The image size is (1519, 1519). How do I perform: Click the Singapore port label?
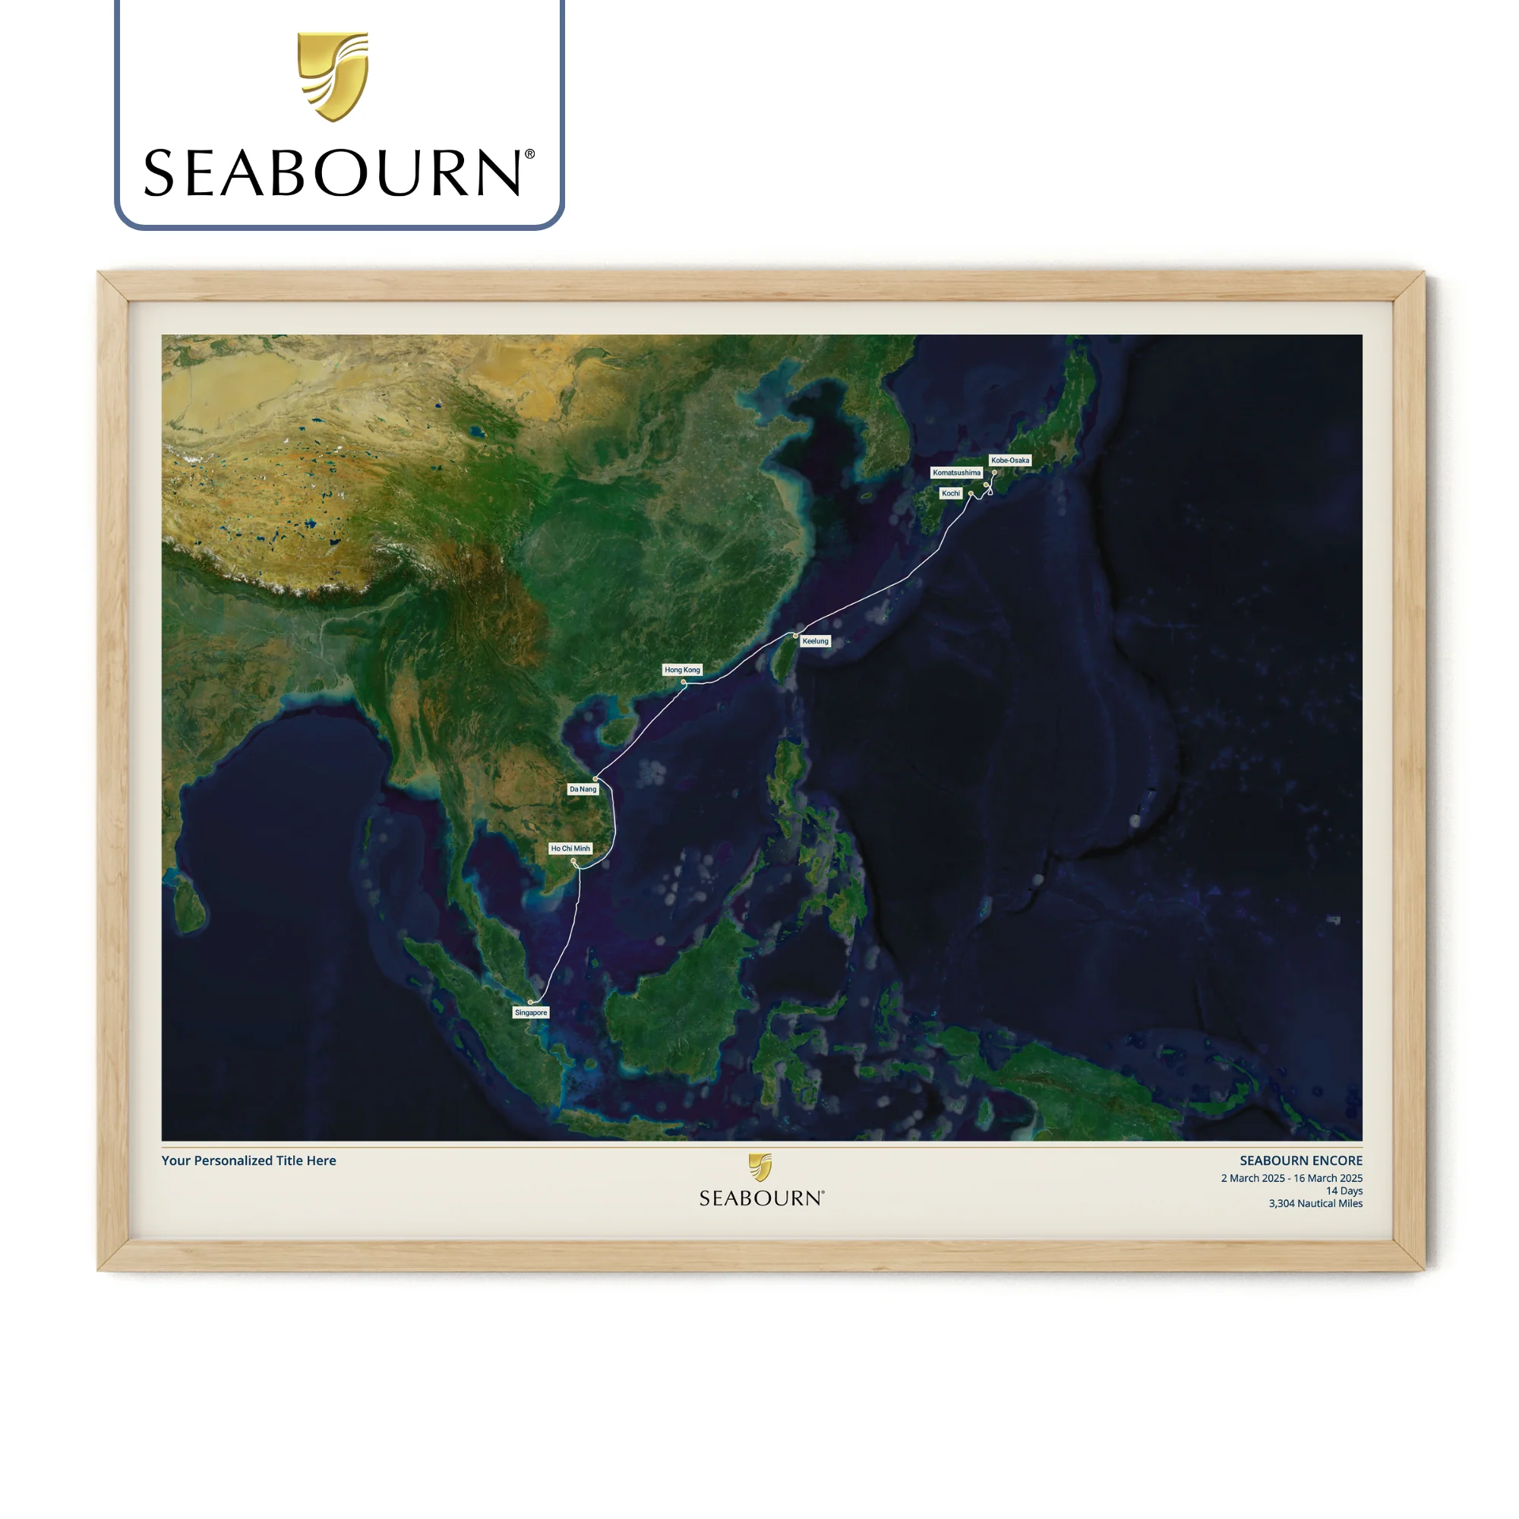point(531,1012)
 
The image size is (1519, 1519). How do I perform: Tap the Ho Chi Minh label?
point(570,848)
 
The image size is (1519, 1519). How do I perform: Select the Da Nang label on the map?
point(583,788)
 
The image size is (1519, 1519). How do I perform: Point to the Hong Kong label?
point(682,670)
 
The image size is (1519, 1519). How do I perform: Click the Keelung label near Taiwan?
point(815,641)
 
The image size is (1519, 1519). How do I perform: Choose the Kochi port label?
point(951,493)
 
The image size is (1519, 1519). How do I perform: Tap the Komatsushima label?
point(956,472)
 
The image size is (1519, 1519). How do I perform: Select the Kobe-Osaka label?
point(1009,460)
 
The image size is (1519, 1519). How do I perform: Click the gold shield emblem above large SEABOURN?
point(333,76)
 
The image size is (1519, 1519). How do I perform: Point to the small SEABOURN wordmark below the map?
point(761,1198)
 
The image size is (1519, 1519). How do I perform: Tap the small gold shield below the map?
point(760,1167)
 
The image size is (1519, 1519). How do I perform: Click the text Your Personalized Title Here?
point(248,1161)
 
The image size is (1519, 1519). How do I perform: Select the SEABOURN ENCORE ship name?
point(1300,1161)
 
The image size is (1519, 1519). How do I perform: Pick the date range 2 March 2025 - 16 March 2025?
point(1291,1178)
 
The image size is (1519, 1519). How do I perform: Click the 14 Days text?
point(1344,1190)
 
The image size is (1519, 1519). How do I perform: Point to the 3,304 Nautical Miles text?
point(1315,1203)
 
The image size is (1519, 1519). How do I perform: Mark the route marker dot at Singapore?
point(531,1002)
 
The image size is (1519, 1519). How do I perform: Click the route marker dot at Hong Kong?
point(684,682)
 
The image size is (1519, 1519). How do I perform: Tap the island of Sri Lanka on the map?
point(188,904)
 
